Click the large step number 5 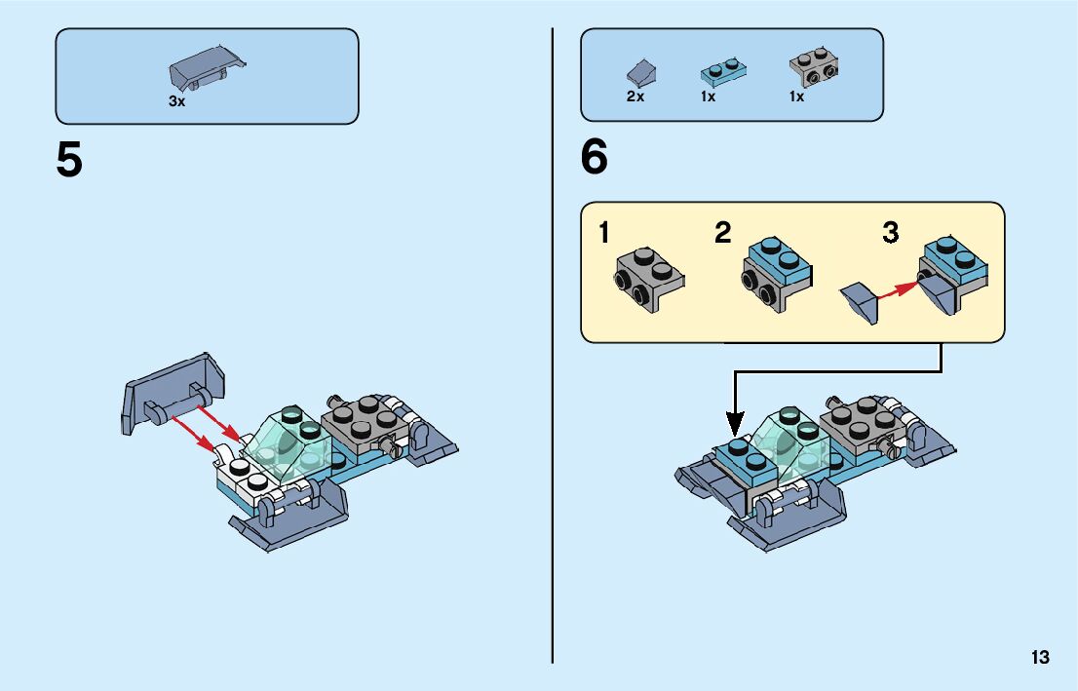[x=69, y=161]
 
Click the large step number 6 [x=594, y=158]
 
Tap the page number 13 [x=1039, y=657]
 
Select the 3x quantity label [x=176, y=101]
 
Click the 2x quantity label [x=635, y=97]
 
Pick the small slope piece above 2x [x=640, y=72]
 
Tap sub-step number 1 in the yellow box [x=605, y=234]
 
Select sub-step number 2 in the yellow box [x=722, y=234]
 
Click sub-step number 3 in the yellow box [x=891, y=234]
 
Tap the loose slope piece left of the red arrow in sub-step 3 [x=860, y=299]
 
